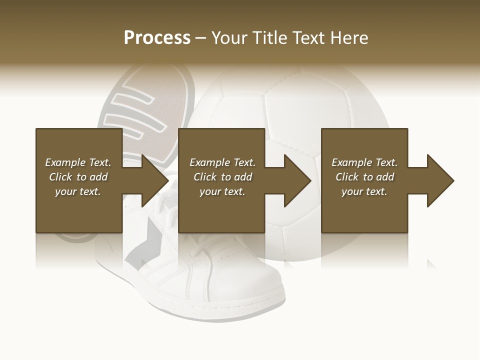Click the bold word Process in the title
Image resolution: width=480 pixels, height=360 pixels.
(x=157, y=38)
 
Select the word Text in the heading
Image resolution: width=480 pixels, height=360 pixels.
(x=309, y=38)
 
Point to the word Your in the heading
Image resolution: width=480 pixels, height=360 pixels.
(x=230, y=38)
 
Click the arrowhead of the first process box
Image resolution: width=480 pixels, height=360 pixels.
(x=155, y=180)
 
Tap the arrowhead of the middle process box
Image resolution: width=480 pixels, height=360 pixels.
(x=298, y=180)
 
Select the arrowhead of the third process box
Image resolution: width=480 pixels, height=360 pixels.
(x=441, y=180)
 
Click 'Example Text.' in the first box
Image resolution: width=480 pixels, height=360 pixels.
(x=78, y=162)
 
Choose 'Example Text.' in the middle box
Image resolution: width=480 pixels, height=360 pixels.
(x=222, y=162)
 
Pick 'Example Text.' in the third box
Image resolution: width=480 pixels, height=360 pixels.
(x=364, y=162)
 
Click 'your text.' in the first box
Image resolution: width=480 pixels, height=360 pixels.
(x=78, y=191)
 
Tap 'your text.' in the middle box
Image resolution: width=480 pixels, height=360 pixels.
(x=222, y=191)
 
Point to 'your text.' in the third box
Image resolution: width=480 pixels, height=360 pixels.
(x=364, y=191)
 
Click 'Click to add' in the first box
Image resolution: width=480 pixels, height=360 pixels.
(x=78, y=177)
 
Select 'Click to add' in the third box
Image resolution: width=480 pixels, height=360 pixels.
(x=364, y=177)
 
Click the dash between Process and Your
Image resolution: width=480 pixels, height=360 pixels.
(x=201, y=38)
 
